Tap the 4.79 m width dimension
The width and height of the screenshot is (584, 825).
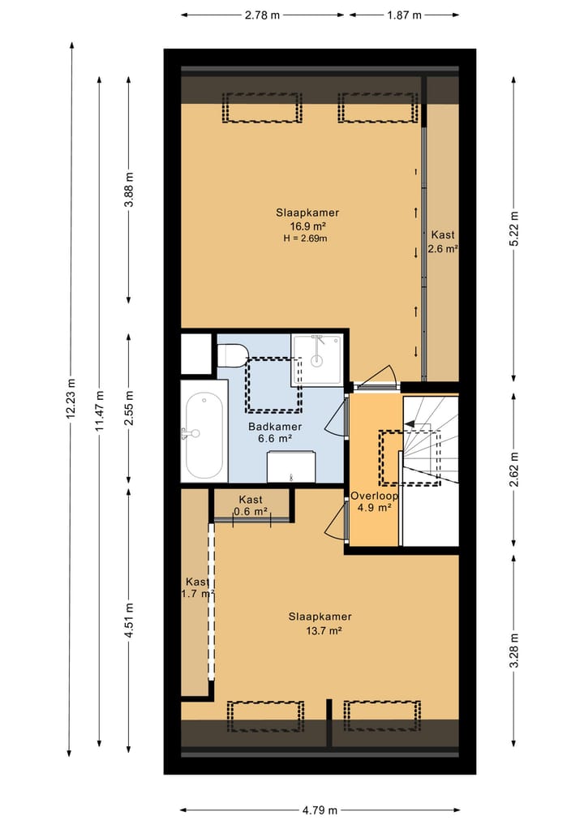point(320,810)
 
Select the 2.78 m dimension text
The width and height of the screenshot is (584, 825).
point(263,15)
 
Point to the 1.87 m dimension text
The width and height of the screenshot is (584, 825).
point(404,15)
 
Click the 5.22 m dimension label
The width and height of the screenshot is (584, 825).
point(514,228)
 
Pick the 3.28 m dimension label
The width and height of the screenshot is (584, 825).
point(514,651)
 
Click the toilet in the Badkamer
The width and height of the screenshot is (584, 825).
point(232,355)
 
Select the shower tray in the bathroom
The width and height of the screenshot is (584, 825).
point(317,359)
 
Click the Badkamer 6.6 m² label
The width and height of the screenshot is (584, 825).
point(275,432)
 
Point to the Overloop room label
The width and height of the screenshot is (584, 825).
point(374,496)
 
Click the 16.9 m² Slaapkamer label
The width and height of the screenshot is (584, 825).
point(307,219)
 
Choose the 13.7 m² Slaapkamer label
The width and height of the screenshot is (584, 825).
point(320,624)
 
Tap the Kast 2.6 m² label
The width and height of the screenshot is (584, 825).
point(443,242)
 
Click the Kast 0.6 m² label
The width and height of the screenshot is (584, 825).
point(251,505)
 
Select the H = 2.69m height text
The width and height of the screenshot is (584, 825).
point(305,238)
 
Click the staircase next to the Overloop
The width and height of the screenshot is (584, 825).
point(431,471)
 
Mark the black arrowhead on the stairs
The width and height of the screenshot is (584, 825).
point(410,423)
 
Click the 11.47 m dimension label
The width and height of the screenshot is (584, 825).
point(100,411)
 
